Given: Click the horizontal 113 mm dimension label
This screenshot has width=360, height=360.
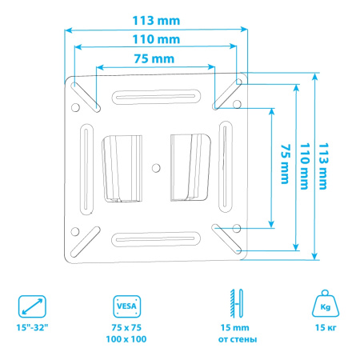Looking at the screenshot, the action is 156,21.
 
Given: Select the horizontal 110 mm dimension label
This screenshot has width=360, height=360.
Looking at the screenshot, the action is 156,39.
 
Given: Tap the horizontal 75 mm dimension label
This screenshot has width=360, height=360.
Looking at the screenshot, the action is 154,59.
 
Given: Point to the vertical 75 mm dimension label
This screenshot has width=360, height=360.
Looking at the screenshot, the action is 285,164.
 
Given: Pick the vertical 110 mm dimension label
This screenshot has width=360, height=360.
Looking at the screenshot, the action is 305,166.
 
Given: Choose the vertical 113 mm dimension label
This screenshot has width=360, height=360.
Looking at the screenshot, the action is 323,166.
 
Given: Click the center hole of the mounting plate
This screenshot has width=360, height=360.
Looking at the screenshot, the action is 156,168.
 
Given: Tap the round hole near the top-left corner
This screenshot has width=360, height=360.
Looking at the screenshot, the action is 76,107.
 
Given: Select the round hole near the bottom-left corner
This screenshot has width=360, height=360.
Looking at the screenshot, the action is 75,231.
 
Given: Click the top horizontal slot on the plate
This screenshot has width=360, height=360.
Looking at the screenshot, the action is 157,97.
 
